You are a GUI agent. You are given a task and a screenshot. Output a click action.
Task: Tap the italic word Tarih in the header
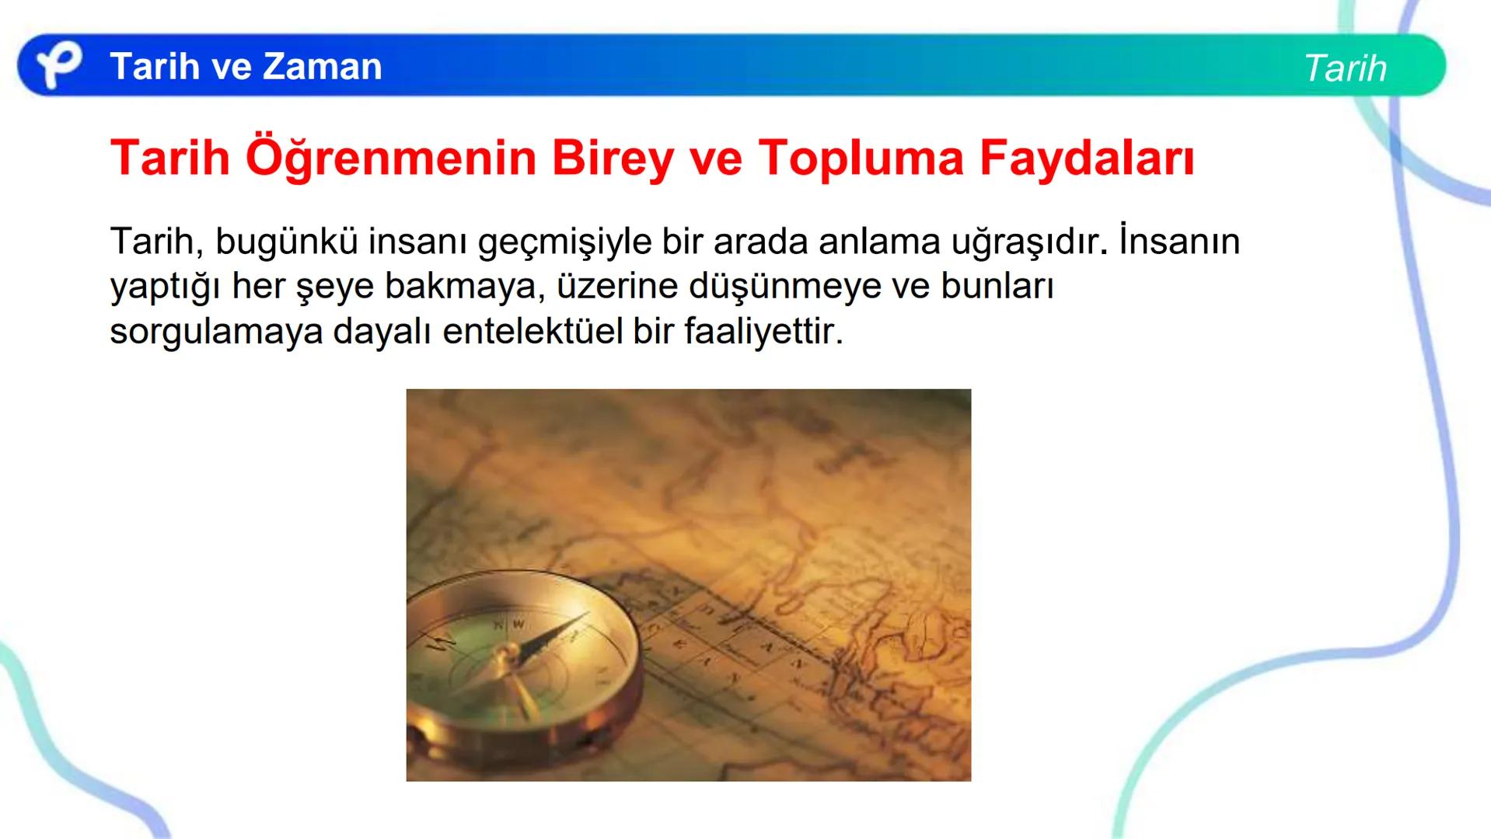(x=1345, y=68)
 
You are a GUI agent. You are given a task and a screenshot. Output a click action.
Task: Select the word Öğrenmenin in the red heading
(x=391, y=158)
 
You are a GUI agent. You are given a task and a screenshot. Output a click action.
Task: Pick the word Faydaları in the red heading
(x=1086, y=158)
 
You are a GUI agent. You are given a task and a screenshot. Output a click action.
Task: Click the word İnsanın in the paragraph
(x=1179, y=242)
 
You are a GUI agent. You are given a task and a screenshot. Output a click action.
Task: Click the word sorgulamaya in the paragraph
(x=216, y=332)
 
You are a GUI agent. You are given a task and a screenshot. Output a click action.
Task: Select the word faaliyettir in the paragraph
(x=763, y=332)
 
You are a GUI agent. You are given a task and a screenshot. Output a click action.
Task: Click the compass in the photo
(x=521, y=668)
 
